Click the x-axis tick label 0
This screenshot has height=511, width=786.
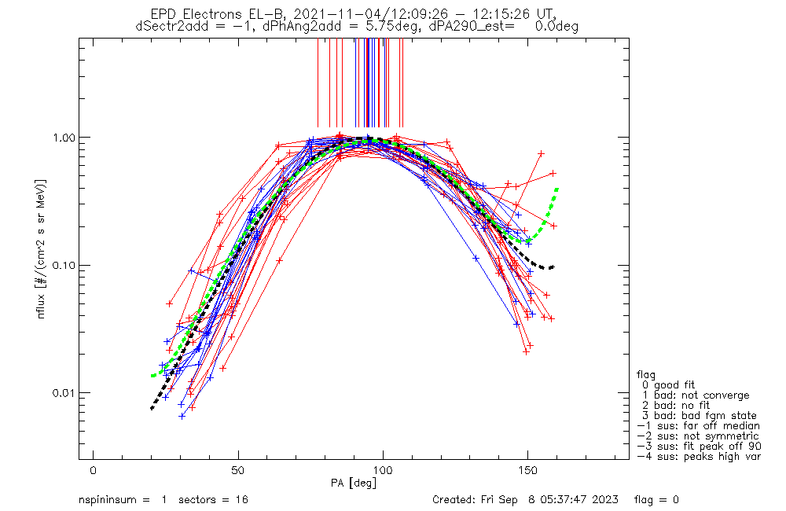pyautogui.click(x=94, y=470)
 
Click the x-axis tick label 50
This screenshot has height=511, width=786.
pyautogui.click(x=238, y=470)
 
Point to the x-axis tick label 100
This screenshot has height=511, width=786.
pyautogui.click(x=383, y=470)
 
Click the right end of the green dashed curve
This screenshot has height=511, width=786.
pyautogui.click(x=557, y=189)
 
